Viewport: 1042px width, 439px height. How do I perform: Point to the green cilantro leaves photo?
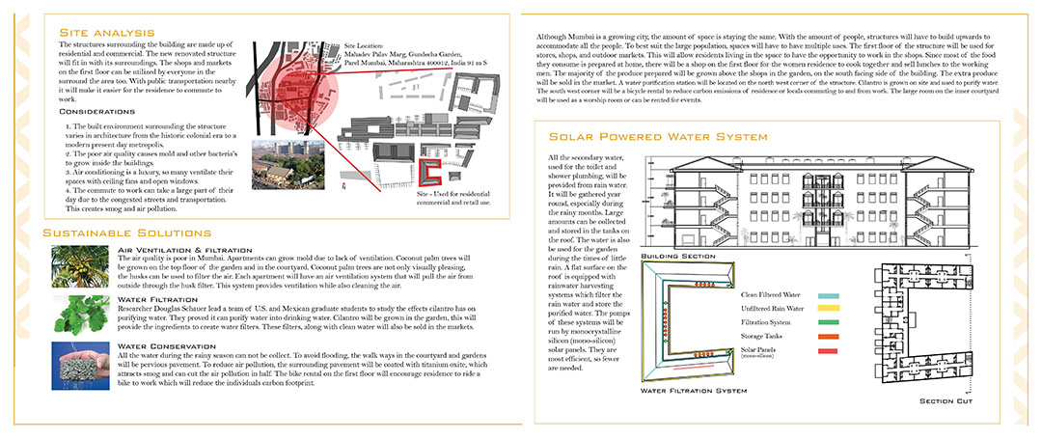[x=81, y=313]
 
